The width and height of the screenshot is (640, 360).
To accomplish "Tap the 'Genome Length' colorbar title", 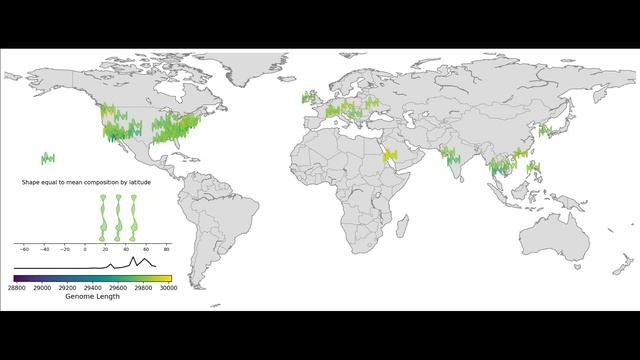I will pyautogui.click(x=93, y=297).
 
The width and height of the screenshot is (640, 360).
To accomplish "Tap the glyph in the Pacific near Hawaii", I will pyautogui.click(x=47, y=157).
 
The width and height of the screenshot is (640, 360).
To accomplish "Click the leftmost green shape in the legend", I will pyautogui.click(x=103, y=215).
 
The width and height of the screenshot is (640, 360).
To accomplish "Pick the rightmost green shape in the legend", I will pyautogui.click(x=134, y=215).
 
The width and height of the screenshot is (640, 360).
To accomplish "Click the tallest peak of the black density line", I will pyautogui.click(x=133, y=258).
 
